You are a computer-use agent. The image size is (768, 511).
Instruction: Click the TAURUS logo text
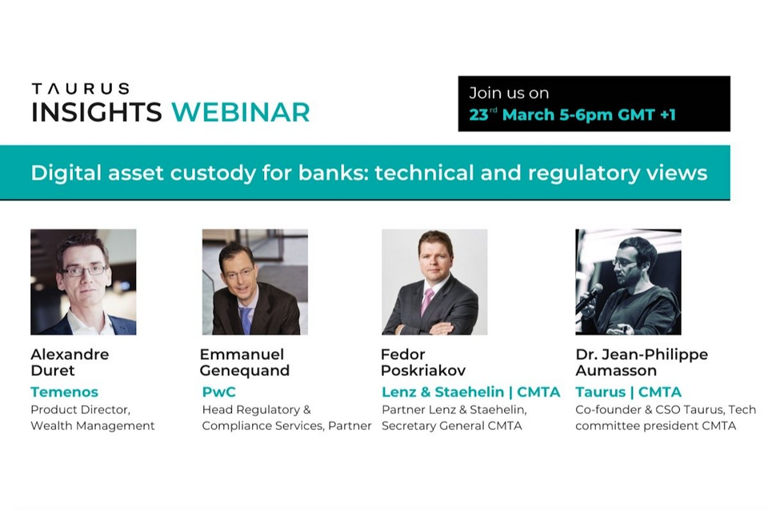(x=80, y=89)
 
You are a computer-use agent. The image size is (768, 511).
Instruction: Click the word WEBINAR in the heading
(x=240, y=111)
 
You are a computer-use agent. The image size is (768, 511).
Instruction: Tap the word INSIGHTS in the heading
(x=97, y=111)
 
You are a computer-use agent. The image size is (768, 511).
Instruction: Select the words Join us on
(x=508, y=93)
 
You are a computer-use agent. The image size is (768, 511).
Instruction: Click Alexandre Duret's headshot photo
(x=83, y=282)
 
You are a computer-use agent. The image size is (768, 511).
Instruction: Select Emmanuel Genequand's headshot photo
(x=254, y=282)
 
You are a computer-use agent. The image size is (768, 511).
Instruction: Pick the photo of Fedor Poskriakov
(x=434, y=282)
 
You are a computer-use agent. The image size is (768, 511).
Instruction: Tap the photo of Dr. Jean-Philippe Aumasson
(x=628, y=282)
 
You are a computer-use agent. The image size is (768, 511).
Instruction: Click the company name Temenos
(x=64, y=392)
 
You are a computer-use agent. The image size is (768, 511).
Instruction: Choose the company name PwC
(x=218, y=392)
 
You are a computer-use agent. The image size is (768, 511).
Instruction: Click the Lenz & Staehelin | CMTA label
(x=470, y=392)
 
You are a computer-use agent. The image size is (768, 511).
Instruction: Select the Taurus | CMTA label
(x=628, y=392)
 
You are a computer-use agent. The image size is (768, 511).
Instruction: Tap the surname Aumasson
(x=616, y=370)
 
